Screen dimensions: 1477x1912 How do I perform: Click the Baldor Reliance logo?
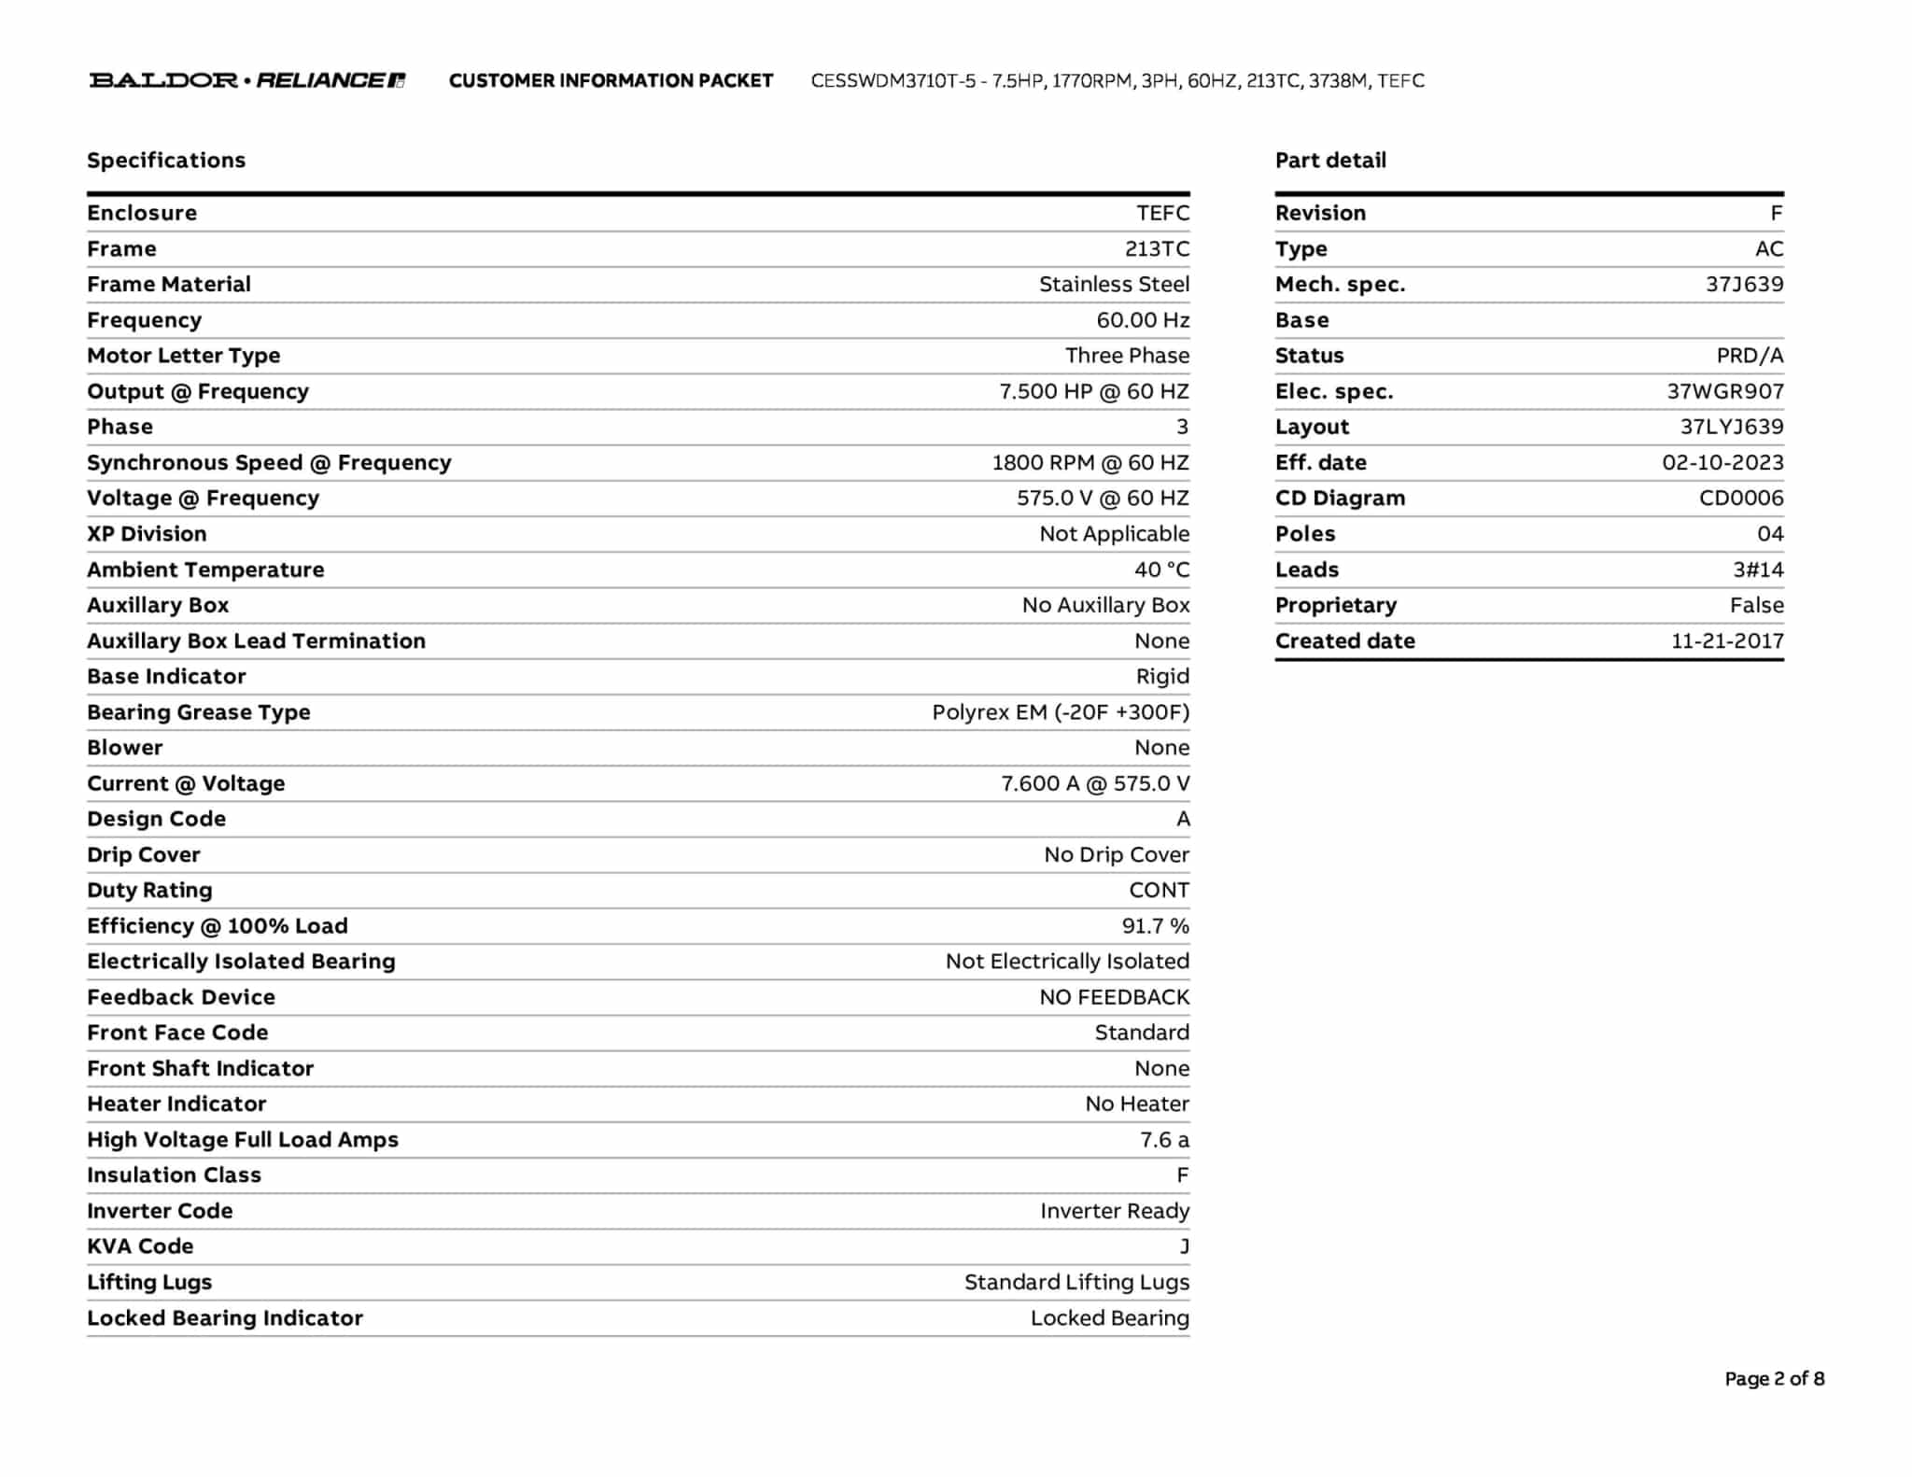[247, 80]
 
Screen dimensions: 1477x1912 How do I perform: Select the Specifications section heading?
[166, 161]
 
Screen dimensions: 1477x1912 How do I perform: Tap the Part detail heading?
[1330, 161]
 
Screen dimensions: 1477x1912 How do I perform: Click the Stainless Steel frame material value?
[1114, 285]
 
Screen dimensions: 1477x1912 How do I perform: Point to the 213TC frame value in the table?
[1157, 249]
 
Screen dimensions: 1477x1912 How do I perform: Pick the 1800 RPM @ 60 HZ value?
[1090, 463]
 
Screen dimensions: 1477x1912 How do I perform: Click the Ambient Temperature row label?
[205, 570]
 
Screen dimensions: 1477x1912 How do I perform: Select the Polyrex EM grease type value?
[1061, 712]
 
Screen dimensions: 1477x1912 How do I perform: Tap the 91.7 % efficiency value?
[1155, 926]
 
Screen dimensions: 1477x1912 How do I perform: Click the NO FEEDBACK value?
[1114, 997]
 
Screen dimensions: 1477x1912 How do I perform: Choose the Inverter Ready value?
[1115, 1211]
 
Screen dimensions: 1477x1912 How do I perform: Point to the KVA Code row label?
[140, 1246]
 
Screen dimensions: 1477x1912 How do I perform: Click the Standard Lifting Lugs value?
[1076, 1282]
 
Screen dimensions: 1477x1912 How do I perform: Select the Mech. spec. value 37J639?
[1744, 285]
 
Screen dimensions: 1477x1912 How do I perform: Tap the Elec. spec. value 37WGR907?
[1725, 392]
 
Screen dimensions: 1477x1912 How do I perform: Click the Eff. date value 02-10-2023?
[1722, 463]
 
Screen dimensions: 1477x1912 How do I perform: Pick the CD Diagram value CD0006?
[1741, 499]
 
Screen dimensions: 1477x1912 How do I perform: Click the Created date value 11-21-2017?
[1727, 641]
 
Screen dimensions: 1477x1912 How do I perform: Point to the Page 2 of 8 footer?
[1774, 1379]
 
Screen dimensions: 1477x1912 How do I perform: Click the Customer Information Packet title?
[611, 81]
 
